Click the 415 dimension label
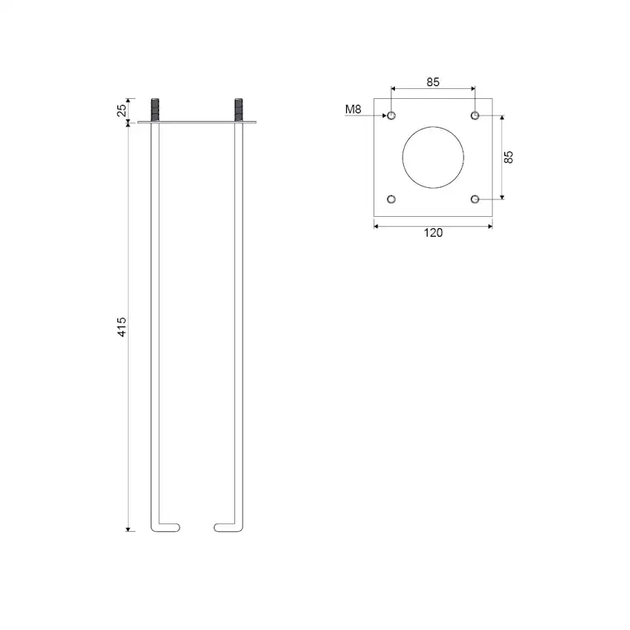pos(122,326)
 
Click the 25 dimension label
pos(122,110)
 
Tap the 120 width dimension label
pos(433,233)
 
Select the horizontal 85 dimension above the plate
pos(433,82)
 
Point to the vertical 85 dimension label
pos(508,157)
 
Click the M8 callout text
pos(353,109)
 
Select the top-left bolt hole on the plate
pos(391,116)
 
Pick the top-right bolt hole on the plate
pos(475,116)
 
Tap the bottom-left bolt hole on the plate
pos(391,199)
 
